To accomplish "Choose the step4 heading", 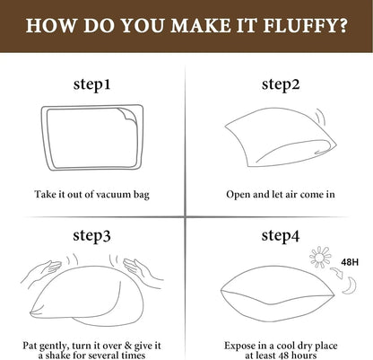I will [280, 236].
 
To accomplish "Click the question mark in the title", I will [345, 25].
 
